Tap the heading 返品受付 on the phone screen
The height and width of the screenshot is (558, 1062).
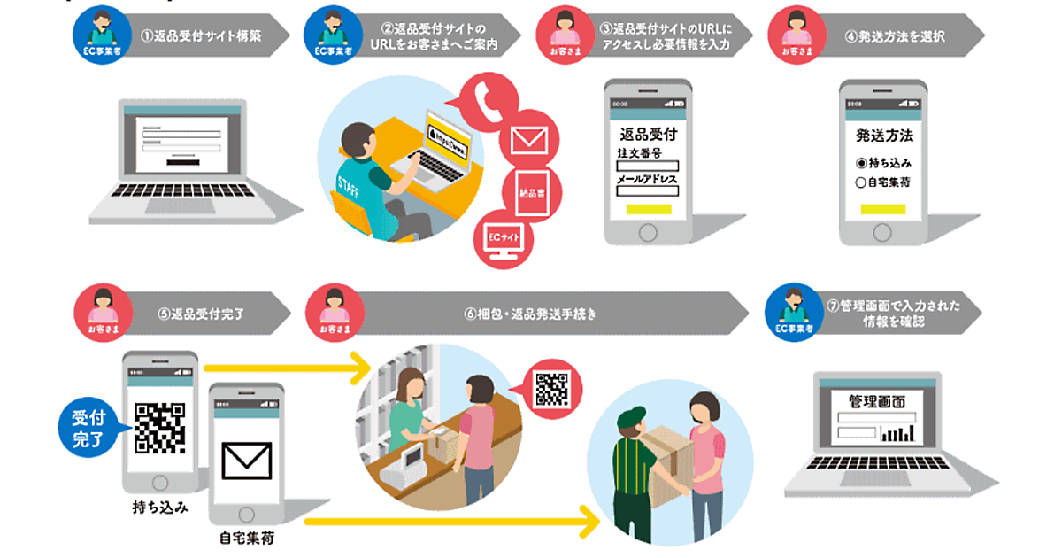click(x=647, y=135)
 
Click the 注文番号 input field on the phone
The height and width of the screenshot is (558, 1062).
click(x=647, y=166)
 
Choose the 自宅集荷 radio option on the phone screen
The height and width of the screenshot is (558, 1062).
click(x=883, y=183)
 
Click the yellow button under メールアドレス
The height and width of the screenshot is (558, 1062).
click(x=647, y=211)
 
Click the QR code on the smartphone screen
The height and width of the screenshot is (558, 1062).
click(x=159, y=427)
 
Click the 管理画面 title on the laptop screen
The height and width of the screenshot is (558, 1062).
click(x=876, y=401)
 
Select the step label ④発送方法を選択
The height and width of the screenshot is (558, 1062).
click(x=895, y=37)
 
